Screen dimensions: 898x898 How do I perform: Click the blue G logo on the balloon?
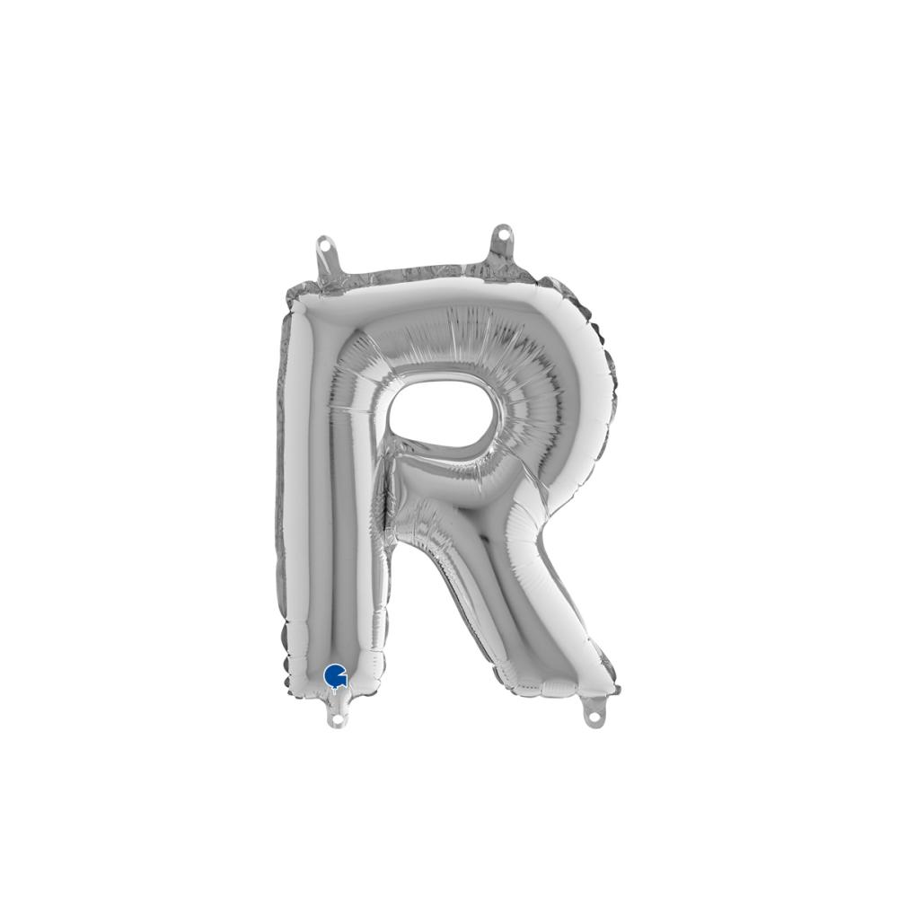(335, 674)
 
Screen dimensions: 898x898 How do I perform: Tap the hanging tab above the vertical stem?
(327, 255)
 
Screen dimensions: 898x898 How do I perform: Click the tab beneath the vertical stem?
(339, 714)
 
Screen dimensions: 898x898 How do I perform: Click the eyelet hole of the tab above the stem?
(325, 243)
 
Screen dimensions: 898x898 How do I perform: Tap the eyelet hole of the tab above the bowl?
(503, 234)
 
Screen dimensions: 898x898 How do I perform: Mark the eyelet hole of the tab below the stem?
(338, 719)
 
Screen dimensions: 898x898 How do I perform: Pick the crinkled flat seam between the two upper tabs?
(413, 272)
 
